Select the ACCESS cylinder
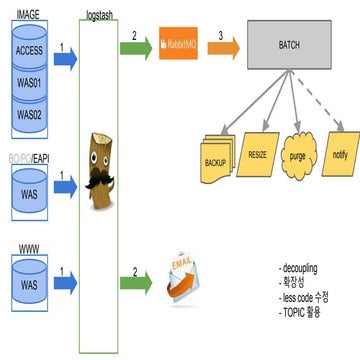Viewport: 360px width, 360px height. pos(30,49)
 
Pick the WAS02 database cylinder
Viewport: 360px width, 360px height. pos(30,113)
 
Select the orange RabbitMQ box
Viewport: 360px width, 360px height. pos(180,45)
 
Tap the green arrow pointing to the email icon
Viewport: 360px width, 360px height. pos(133,274)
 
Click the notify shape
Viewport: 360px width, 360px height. pos(340,155)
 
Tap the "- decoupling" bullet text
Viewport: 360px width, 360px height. pos(301,268)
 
